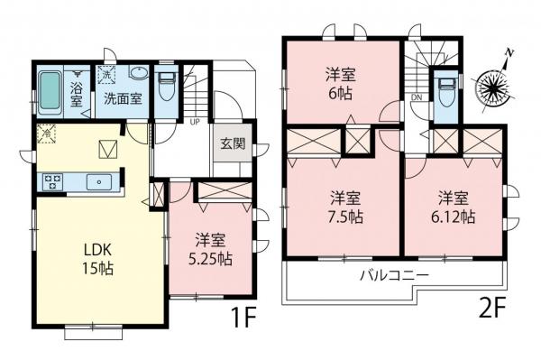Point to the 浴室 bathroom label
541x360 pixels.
click(78, 90)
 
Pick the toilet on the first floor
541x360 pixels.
click(166, 88)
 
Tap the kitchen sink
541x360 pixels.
click(96, 182)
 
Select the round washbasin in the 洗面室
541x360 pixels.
click(140, 74)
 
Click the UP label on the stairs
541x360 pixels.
click(196, 120)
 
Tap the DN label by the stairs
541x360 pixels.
click(416, 96)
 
